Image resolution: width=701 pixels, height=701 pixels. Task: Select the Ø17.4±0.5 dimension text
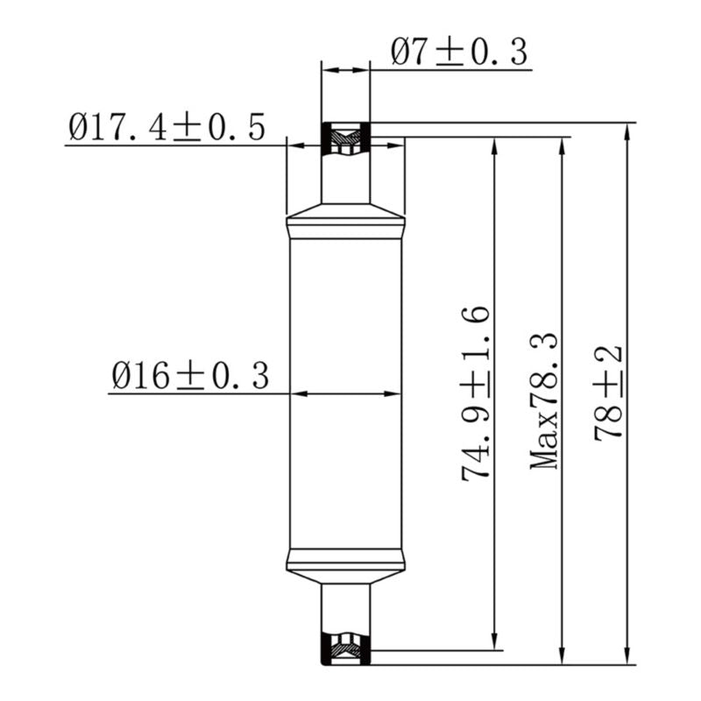[166, 128]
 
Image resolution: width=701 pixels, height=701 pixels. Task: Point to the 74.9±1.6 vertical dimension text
[476, 393]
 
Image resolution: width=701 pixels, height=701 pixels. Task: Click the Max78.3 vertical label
[545, 400]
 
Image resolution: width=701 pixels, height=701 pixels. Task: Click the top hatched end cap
[346, 138]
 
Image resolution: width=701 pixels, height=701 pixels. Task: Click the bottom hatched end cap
[346, 648]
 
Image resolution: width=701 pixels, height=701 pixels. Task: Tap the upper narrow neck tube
[346, 180]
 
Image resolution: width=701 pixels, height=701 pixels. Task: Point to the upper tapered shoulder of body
[346, 211]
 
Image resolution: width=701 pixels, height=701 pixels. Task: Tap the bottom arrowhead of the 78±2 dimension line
[626, 656]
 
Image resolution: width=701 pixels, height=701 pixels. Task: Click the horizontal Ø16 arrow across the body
[346, 393]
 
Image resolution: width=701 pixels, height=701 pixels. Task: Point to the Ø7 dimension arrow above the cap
[346, 69]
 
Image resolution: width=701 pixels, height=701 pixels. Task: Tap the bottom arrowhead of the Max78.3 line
[561, 656]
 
